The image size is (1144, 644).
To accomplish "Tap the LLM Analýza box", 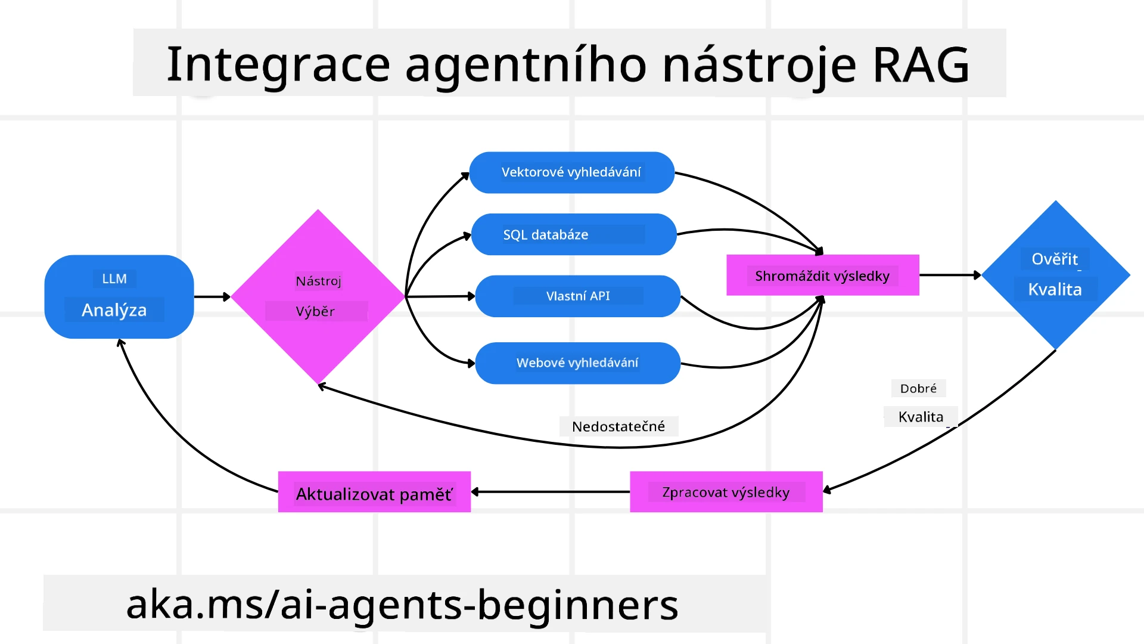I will [119, 296].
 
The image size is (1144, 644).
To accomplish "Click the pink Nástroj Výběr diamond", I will [318, 296].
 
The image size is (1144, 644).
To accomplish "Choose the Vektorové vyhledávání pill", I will [571, 172].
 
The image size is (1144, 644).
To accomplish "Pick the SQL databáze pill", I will [573, 234].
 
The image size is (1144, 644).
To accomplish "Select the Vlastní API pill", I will [577, 296].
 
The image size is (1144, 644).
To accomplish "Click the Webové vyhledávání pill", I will [577, 363].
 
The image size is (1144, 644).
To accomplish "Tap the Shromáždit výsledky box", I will [822, 275].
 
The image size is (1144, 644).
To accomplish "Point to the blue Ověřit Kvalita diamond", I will [1055, 275].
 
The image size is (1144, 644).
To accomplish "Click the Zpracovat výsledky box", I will [726, 492].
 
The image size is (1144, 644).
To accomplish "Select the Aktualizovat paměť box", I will [374, 493].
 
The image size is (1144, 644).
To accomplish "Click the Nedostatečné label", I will [618, 426].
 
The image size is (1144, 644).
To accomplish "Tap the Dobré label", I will [918, 389].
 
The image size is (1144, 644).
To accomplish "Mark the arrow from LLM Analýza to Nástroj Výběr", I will [212, 296].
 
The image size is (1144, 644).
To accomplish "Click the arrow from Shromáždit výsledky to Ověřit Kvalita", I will [950, 275].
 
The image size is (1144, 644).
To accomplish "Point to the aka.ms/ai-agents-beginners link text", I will [402, 604].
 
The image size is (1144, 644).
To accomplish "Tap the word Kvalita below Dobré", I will [921, 417].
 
